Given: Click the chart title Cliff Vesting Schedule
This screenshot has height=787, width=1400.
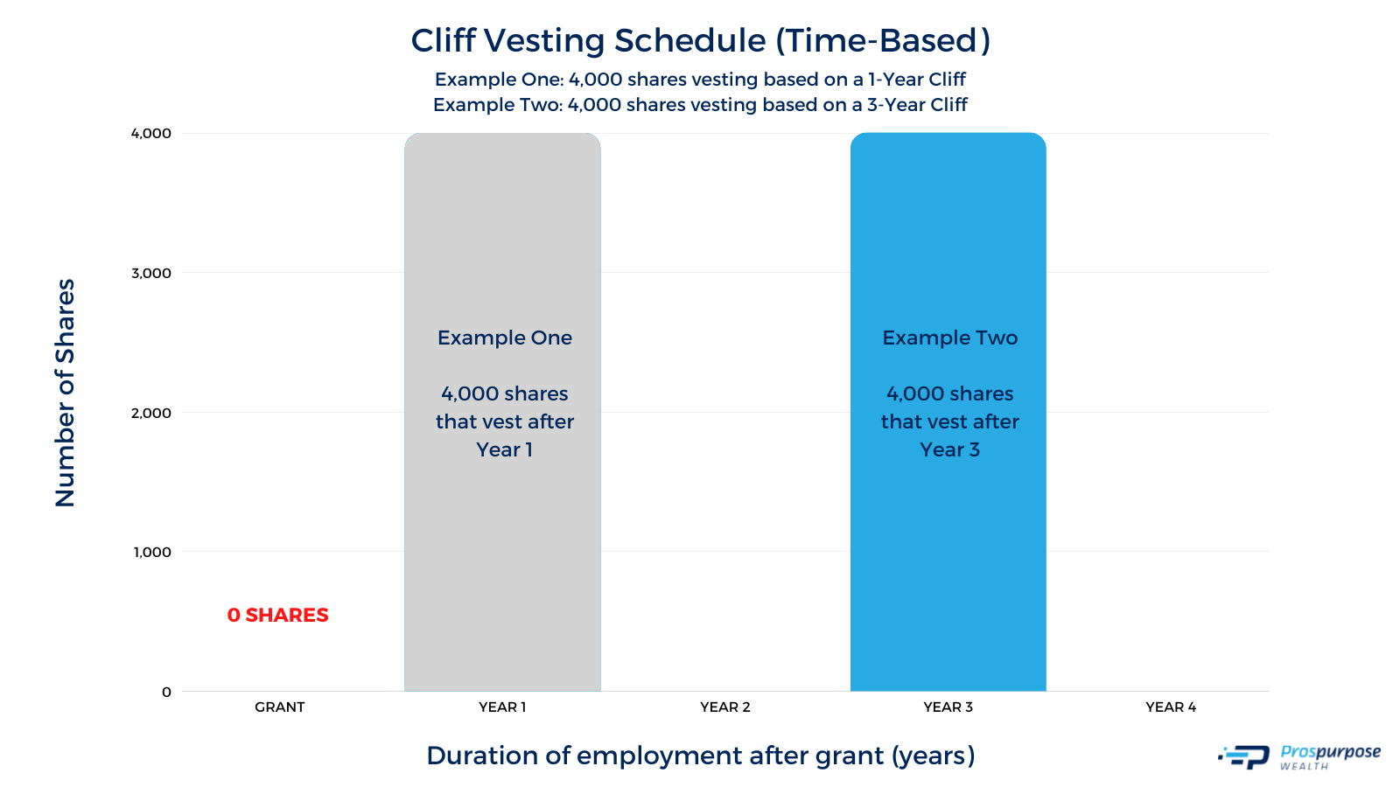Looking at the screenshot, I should tap(700, 41).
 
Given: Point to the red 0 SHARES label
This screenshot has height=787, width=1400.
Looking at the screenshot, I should tap(277, 615).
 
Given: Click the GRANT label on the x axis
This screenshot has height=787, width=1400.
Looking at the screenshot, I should tap(279, 707).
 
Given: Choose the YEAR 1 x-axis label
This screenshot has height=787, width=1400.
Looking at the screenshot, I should tap(502, 707).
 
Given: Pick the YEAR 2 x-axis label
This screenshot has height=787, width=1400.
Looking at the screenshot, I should tap(724, 707).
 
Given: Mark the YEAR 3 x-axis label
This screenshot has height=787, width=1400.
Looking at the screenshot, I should tap(948, 707).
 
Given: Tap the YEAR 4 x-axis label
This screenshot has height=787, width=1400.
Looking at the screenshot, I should tap(1170, 707).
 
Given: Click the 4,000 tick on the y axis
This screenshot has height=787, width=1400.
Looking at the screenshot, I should tap(150, 133).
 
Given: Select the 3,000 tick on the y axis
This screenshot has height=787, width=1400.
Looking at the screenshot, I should tap(150, 273).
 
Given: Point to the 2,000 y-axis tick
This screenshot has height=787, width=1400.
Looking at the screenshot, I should tap(150, 413).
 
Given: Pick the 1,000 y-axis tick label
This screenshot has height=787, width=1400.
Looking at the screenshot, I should tap(151, 552).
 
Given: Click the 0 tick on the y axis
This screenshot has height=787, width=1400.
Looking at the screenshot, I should tap(166, 692).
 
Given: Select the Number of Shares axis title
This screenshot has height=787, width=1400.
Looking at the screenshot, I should tap(66, 393).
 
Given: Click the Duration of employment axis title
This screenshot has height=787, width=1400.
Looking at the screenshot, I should tap(700, 756).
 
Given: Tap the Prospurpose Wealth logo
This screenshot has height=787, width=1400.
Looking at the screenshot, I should tap(1298, 756).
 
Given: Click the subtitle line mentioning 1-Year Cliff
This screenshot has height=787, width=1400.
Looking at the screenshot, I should tap(700, 80).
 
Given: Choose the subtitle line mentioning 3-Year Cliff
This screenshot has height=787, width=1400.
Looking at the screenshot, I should tap(700, 105).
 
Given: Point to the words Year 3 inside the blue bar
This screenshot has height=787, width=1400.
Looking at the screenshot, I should tap(949, 449).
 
